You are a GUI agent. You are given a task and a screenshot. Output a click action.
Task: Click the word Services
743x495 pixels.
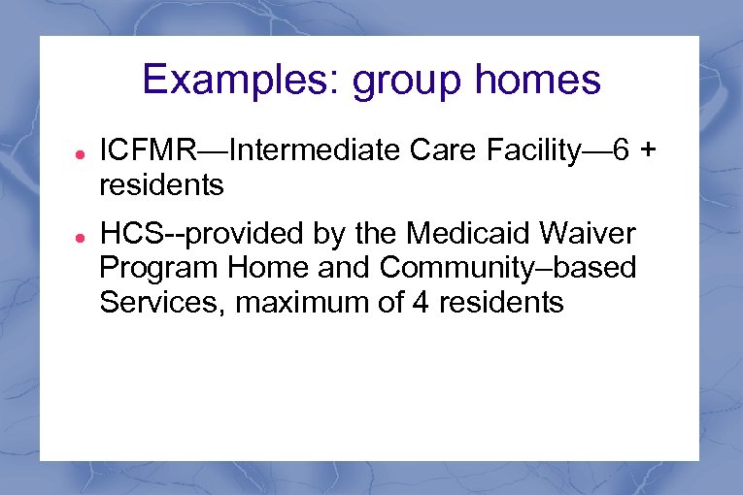153,302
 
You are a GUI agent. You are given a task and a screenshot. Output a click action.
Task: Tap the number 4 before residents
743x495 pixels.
421,302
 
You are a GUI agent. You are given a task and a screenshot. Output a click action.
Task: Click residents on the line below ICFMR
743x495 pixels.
161,184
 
